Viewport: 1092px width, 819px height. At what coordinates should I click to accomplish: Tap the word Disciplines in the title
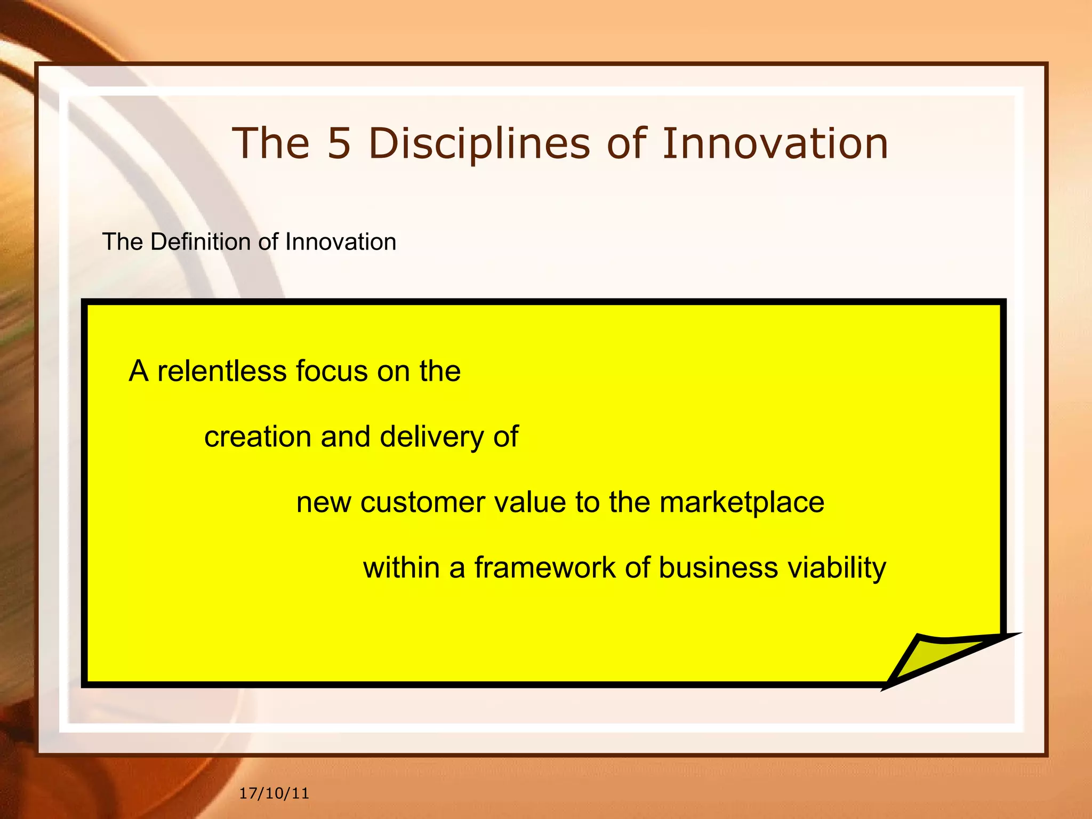[479, 144]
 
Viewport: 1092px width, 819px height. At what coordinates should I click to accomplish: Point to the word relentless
[221, 371]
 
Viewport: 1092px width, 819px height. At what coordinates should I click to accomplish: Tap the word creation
[258, 437]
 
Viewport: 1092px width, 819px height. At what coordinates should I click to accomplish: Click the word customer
[422, 502]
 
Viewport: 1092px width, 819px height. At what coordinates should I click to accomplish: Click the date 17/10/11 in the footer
[274, 793]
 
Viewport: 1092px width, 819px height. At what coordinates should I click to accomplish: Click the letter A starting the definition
[139, 371]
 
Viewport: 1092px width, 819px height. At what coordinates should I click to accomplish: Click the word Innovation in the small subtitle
[341, 242]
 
